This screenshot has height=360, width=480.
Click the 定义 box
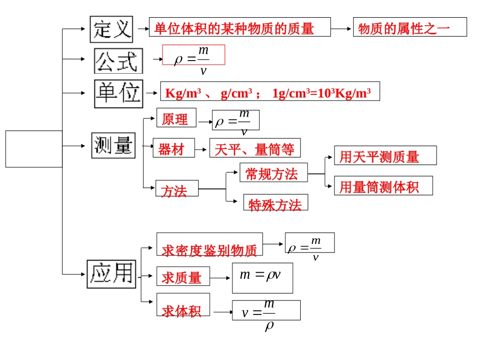pos(111,29)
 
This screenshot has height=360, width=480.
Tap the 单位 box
pos(118,93)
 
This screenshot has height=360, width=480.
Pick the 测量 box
pos(113,145)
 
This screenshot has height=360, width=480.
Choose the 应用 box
pos(111,274)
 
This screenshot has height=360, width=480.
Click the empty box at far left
pos(34,148)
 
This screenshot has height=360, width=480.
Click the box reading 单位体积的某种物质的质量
pos(239,27)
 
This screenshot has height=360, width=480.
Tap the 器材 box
pos(173,148)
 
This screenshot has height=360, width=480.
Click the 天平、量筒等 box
pos(255,148)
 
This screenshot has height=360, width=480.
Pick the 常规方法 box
pos(273,173)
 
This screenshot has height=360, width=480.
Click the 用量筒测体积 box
pos(383,186)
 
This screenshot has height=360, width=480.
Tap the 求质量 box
pos(183,277)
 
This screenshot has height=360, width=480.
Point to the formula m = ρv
pos(262,277)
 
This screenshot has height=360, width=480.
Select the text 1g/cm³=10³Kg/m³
pos(321,93)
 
